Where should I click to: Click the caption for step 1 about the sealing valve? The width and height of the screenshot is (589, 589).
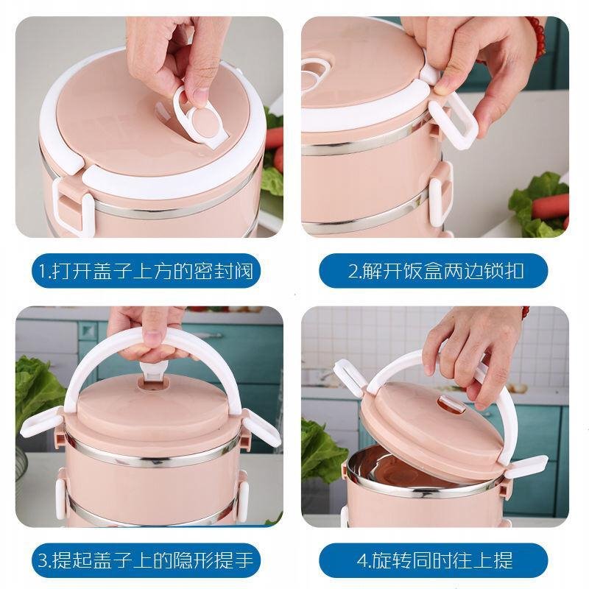(x=146, y=271)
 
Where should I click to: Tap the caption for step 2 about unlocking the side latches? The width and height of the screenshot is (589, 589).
(x=436, y=271)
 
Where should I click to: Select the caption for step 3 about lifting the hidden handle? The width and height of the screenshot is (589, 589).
(x=146, y=560)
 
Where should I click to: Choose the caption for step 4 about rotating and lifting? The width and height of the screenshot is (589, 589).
(x=435, y=560)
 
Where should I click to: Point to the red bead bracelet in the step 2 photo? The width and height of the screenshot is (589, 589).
(x=537, y=38)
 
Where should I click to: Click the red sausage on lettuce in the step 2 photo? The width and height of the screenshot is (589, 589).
(x=550, y=207)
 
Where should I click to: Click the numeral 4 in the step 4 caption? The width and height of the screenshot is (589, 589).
(x=362, y=561)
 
